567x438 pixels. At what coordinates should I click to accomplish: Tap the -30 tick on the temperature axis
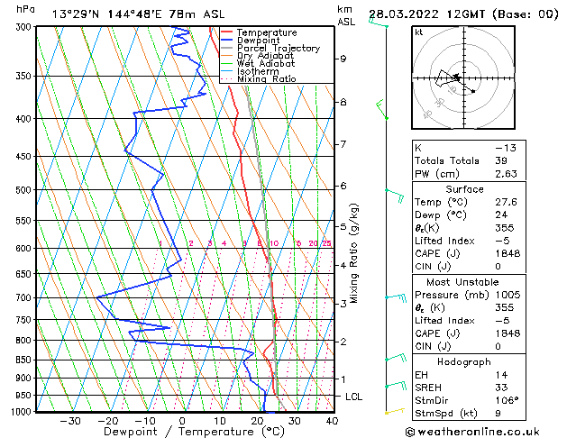pos(70,421)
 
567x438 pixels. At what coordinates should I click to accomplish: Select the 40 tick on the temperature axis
pos(332,421)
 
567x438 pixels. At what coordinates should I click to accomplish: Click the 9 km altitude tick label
pos(343,59)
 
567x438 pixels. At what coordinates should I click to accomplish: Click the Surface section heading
pos(464,189)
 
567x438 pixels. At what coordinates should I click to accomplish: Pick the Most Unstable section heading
pos(464,282)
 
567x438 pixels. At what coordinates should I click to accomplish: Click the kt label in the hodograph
pos(418,32)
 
